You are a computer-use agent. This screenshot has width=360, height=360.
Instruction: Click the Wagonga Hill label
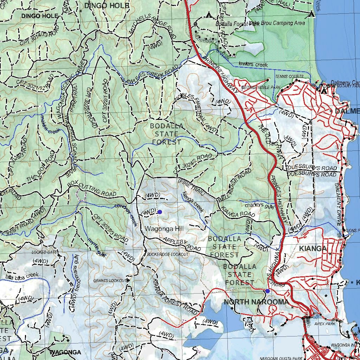point(165,229)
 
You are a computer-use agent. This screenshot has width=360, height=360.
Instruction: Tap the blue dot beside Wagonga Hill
point(160,212)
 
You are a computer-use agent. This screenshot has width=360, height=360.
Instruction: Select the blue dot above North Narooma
point(268,291)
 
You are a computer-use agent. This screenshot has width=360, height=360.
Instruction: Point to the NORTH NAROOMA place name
point(256,302)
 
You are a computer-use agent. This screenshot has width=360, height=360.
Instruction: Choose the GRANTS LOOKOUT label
point(109,281)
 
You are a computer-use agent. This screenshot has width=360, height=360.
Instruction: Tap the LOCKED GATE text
point(44,252)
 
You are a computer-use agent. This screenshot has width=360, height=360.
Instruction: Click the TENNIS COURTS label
point(289,76)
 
